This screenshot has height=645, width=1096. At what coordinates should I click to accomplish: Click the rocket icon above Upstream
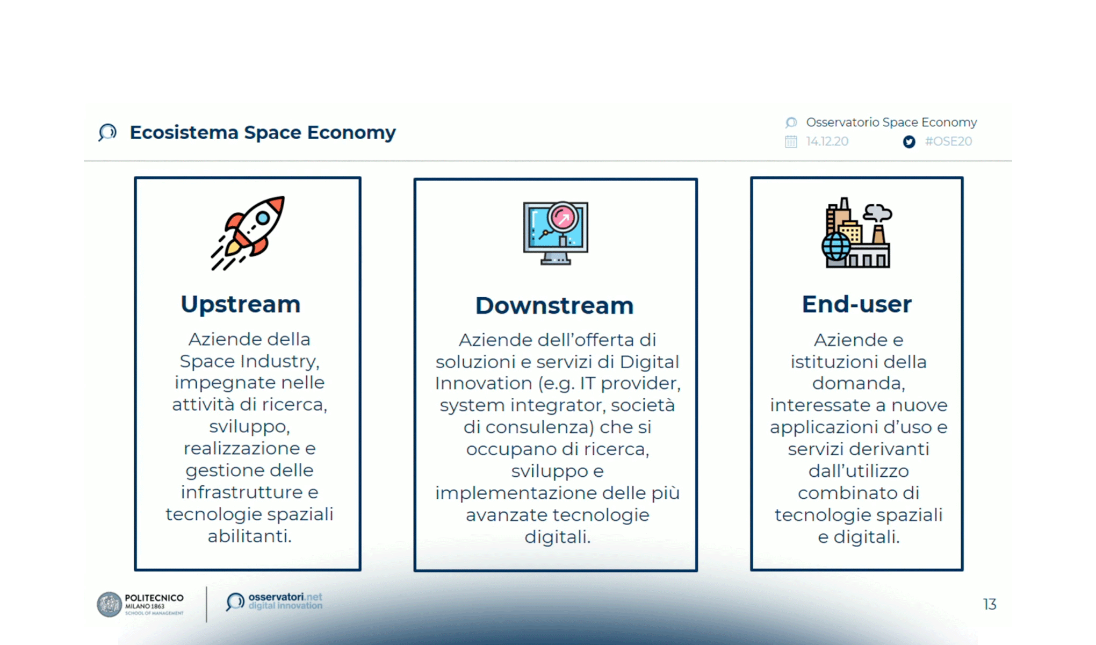[x=248, y=232]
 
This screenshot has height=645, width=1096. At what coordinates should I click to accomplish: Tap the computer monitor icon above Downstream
[x=556, y=233]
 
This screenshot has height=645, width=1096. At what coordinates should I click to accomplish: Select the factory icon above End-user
[x=857, y=233]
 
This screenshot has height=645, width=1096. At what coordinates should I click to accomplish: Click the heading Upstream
[x=240, y=304]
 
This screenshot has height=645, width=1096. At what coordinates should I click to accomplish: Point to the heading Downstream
[x=554, y=305]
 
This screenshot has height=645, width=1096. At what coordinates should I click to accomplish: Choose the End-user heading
[x=856, y=304]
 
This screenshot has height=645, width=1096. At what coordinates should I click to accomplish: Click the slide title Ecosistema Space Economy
[x=262, y=132]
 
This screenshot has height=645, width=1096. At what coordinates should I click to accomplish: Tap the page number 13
[x=990, y=604]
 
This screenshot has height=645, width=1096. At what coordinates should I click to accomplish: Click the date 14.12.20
[x=827, y=141]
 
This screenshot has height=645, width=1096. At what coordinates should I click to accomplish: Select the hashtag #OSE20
[x=948, y=141]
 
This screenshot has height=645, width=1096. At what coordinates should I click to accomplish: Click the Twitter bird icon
[x=908, y=142]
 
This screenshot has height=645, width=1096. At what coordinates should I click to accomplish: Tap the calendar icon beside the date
[x=791, y=141]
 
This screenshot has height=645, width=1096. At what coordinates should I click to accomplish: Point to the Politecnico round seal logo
[x=109, y=604]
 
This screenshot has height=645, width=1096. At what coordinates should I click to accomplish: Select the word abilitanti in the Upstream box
[x=249, y=536]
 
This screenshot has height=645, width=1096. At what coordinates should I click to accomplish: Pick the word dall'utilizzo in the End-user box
[x=859, y=471]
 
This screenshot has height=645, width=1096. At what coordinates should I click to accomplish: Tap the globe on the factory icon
[x=836, y=247]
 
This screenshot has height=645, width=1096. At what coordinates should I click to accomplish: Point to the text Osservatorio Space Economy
[x=891, y=123]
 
